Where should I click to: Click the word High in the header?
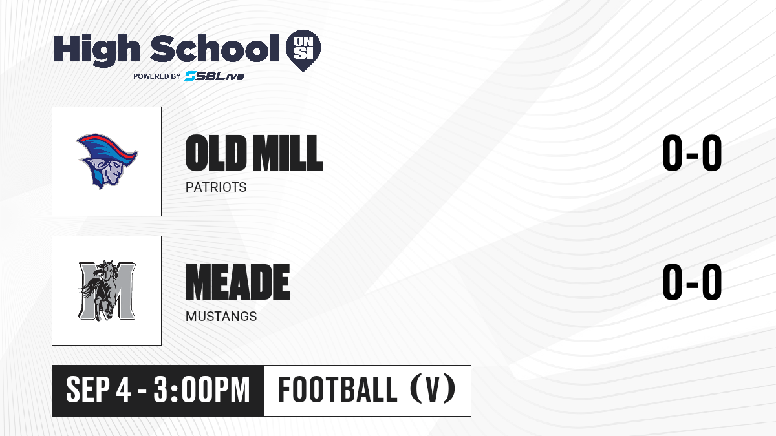pos(96,50)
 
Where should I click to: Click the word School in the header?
pos(215,48)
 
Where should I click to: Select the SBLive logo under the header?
pos(215,76)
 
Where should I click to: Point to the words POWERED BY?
pos(157,76)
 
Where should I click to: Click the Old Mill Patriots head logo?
pos(107,161)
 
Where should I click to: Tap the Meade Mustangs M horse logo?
pos(107,290)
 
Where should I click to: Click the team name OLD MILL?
pos(254,153)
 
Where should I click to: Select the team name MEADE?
pos(238,282)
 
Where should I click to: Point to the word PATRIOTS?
pos(216,187)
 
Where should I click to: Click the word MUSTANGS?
pos(221,317)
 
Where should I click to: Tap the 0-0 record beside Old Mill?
pos(692,153)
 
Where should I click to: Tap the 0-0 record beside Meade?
pos(692,282)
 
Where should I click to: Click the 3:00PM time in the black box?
pos(202,390)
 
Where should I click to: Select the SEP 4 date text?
pos(98,390)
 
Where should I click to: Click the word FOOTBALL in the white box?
pos(338,389)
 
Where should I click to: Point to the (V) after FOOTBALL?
pos(433,389)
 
